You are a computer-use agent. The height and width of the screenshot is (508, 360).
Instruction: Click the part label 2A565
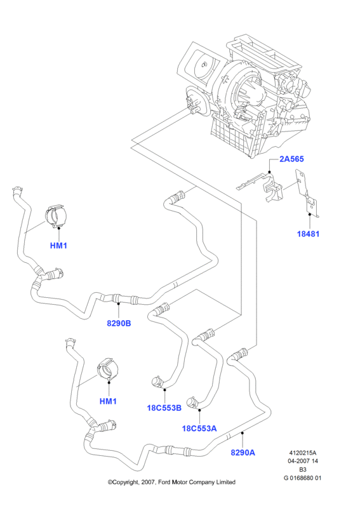pos(291,159)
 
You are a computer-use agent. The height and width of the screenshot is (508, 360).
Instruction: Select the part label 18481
pos(308,234)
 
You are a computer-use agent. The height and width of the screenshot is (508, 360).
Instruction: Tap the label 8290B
pos(119,323)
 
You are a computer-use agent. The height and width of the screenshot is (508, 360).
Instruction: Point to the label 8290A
pos(243,452)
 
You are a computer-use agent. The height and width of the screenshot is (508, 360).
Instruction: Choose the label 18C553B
pos(164,408)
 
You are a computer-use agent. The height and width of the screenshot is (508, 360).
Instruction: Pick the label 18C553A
pos(199,428)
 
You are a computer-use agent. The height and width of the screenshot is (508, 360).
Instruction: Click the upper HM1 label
pos(58,246)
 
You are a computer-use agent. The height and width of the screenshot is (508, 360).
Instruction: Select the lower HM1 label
pos(108,401)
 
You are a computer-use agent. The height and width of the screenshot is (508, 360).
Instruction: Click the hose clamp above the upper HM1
pos(56,216)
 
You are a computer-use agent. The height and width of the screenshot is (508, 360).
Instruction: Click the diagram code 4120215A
pos(303,453)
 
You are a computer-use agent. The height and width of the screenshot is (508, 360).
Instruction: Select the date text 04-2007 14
pos(303,461)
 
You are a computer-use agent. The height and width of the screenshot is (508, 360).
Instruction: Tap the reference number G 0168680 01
pos(303,478)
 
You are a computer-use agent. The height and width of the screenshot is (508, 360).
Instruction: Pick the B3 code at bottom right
pos(303,469)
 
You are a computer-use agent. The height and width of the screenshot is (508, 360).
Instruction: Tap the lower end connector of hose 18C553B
pos(157,382)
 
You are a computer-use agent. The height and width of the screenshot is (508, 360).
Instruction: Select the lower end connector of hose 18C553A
pos(192,402)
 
